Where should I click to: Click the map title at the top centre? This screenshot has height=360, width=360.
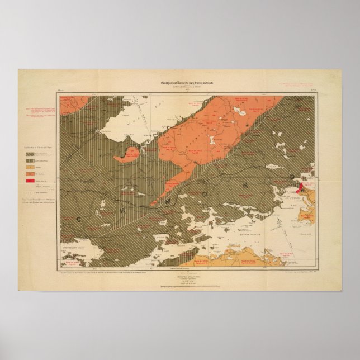(x=180, y=83)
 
